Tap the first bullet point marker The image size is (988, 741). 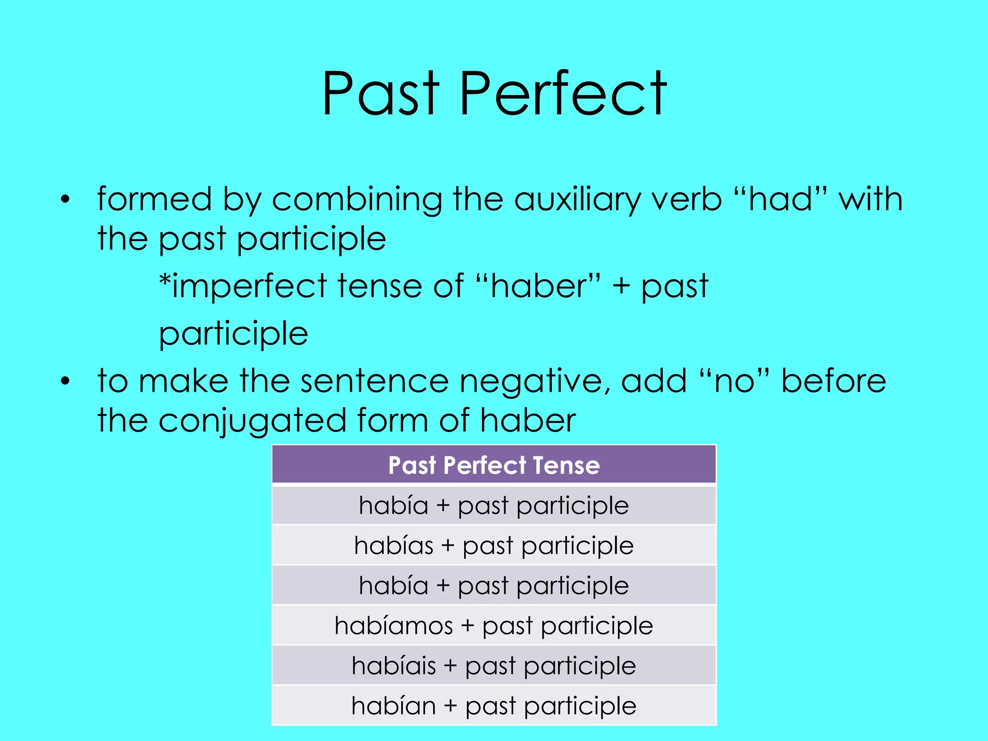click(x=66, y=199)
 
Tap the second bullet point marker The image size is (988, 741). click(x=66, y=382)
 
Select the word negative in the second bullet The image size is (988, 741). click(x=531, y=382)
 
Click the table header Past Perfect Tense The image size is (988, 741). click(x=494, y=466)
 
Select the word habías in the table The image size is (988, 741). click(x=394, y=546)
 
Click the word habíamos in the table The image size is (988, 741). click(x=394, y=626)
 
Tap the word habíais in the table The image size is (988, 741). click(x=394, y=666)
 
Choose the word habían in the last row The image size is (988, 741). click(x=394, y=706)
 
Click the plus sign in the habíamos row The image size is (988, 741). click(x=467, y=626)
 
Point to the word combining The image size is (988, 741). click(x=357, y=199)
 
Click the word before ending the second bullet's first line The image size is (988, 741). click(x=833, y=382)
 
